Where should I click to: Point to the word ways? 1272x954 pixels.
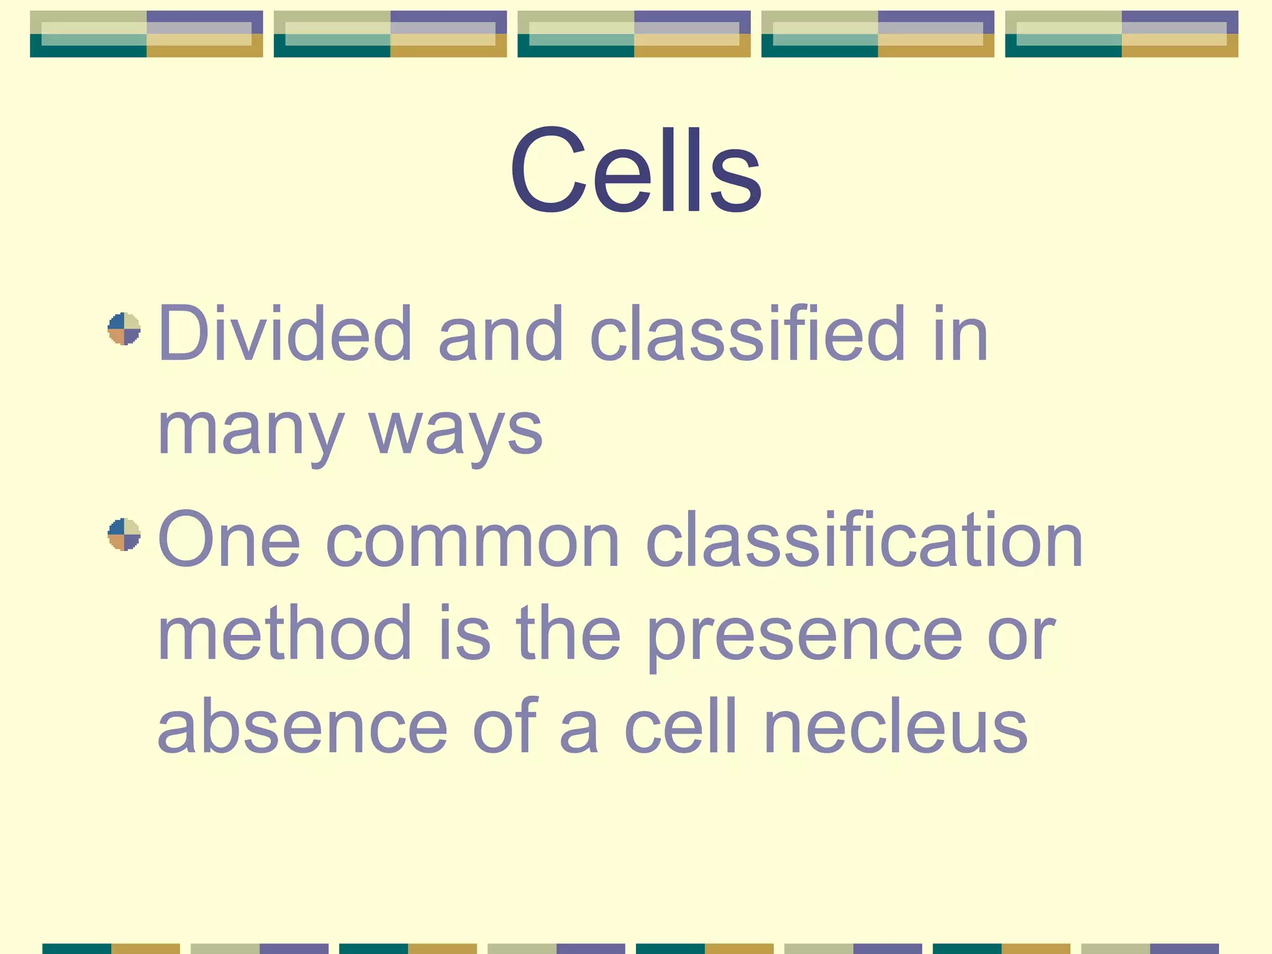click(455, 432)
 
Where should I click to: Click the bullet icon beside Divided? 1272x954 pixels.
click(124, 329)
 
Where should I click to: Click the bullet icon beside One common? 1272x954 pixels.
click(124, 534)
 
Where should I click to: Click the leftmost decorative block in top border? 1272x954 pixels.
click(146, 34)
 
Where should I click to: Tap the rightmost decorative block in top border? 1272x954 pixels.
click(1121, 34)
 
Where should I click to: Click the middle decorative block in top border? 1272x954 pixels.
click(634, 34)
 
